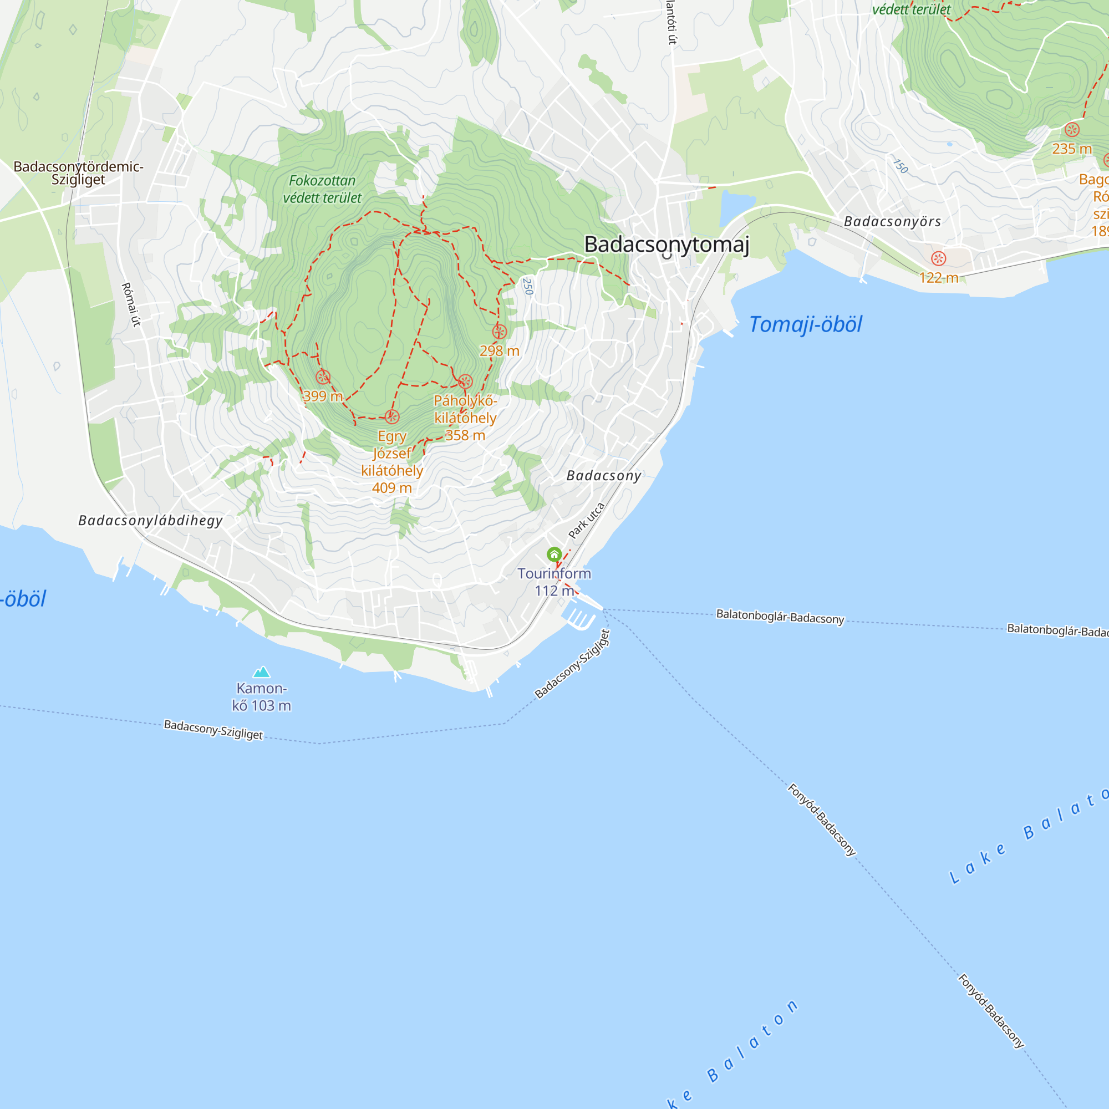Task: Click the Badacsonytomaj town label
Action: (x=667, y=245)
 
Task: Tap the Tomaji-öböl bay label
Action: (x=805, y=325)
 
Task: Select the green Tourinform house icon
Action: (x=554, y=554)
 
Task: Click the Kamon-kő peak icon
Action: (x=262, y=671)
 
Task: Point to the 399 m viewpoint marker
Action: (x=323, y=377)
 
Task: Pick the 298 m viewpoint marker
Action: (x=500, y=332)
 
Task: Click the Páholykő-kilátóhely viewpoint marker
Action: (x=465, y=381)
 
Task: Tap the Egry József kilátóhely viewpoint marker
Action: (x=392, y=417)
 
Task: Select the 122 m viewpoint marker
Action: (x=939, y=258)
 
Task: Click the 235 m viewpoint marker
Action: (x=1072, y=130)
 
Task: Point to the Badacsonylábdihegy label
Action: (x=150, y=521)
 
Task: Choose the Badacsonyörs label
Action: (x=892, y=222)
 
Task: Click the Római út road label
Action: (x=131, y=304)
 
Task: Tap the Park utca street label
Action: (x=586, y=521)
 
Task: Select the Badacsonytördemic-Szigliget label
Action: (x=78, y=173)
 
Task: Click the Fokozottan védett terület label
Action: (x=322, y=190)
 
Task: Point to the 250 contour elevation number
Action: (x=527, y=286)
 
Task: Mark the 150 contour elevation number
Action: (x=901, y=166)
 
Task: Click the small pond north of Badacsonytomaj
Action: (x=735, y=207)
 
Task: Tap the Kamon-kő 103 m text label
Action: (x=262, y=697)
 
